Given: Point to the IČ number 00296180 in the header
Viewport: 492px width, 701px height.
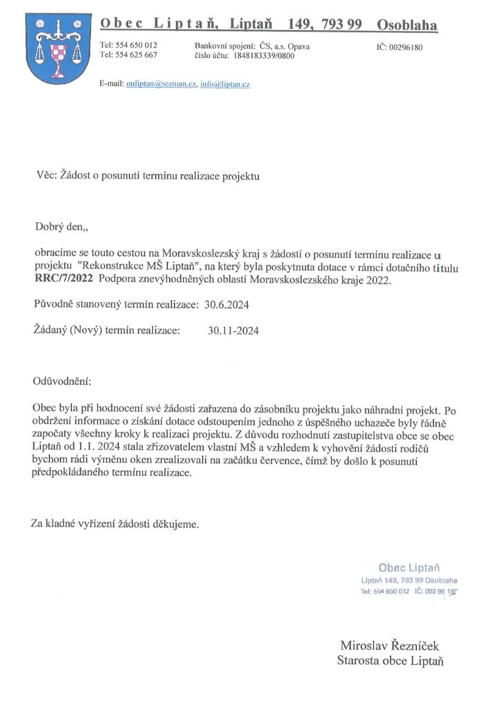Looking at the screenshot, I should tap(408, 47).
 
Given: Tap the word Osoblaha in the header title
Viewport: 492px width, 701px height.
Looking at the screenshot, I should tap(407, 25).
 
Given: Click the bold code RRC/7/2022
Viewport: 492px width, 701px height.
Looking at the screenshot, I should tap(63, 280).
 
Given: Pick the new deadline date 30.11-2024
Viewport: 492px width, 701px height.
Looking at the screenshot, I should tap(233, 331).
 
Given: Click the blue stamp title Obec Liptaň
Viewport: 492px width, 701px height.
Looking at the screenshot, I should tap(409, 567).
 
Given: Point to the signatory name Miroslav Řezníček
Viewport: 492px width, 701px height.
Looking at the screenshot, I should tap(389, 646).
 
